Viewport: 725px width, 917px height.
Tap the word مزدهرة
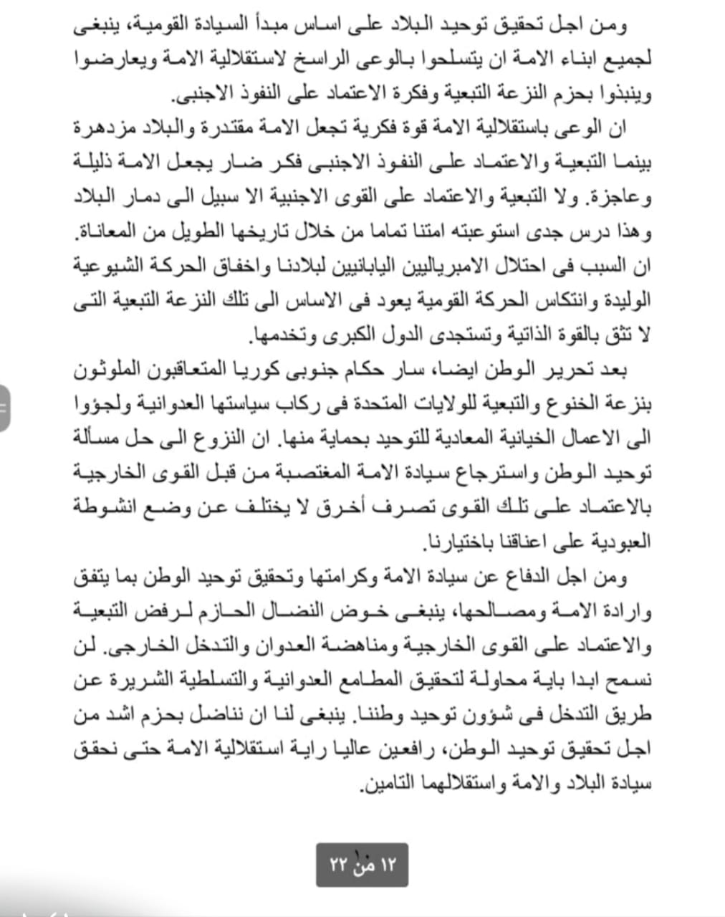(615, 129)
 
